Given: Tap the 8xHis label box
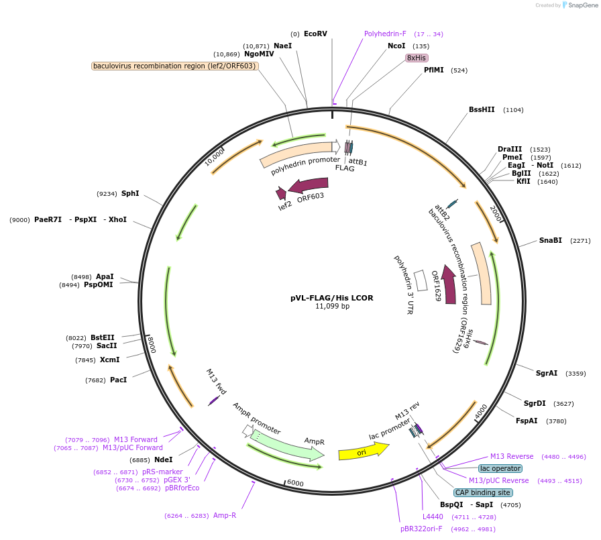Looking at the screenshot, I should [417, 58].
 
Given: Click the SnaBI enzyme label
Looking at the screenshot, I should [551, 240].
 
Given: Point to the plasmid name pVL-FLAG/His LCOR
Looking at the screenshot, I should [332, 298].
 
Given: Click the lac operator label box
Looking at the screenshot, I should [500, 468].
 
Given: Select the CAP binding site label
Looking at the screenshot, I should [483, 492].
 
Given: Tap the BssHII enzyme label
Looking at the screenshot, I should [482, 109].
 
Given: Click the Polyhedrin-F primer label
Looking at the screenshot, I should [385, 34].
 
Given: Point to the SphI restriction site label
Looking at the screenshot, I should [130, 193].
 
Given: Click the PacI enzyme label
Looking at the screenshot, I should [118, 380].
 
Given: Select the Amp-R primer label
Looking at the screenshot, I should [225, 515].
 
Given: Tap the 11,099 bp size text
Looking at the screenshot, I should [332, 307].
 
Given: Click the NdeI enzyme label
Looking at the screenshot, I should [163, 460].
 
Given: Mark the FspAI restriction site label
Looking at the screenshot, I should [527, 421].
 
